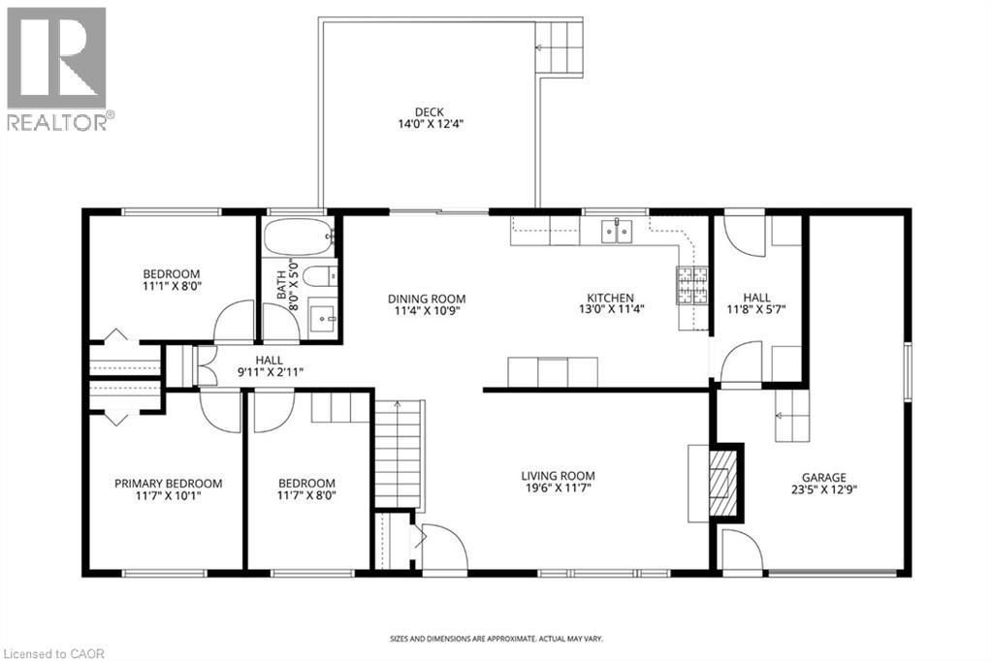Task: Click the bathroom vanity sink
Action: click(x=323, y=317)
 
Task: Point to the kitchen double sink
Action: click(x=617, y=231)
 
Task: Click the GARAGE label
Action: click(x=823, y=478)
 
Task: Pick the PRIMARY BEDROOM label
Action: click(x=168, y=484)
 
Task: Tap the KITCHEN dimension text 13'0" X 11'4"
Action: click(x=610, y=310)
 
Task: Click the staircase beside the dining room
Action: click(x=400, y=455)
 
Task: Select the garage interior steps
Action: click(x=790, y=417)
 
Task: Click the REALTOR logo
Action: click(x=57, y=68)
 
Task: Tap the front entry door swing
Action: click(x=444, y=549)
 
